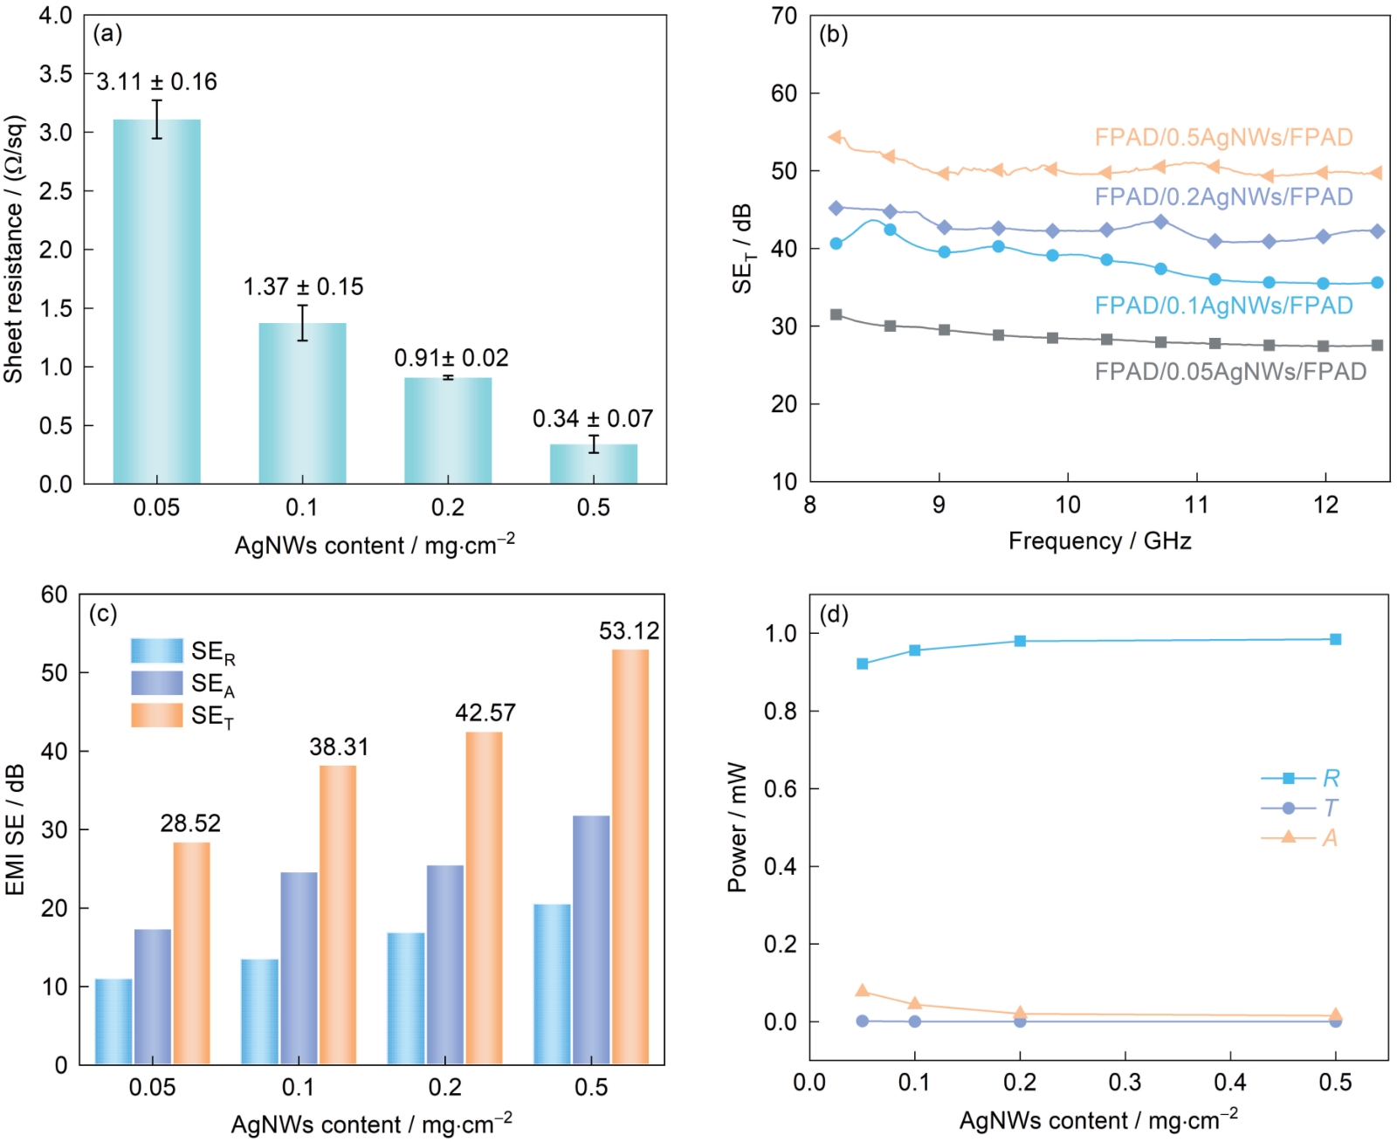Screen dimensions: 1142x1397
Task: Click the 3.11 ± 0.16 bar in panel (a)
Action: (x=156, y=301)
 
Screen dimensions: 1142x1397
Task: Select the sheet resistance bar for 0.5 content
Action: (x=593, y=464)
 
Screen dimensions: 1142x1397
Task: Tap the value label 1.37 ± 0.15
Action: (x=303, y=286)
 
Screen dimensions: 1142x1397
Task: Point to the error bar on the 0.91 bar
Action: (x=448, y=377)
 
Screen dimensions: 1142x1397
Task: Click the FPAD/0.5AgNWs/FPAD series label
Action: (x=1223, y=137)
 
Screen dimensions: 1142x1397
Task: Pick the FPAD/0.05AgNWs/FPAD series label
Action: (x=1230, y=372)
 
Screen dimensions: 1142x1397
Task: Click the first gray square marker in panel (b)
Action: (x=836, y=314)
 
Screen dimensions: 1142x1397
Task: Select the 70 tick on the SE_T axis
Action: (x=784, y=16)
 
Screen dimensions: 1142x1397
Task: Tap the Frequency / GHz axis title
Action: (x=1099, y=541)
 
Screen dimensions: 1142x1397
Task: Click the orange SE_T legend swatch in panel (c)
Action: (x=157, y=715)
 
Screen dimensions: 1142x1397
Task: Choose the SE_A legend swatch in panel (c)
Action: (x=157, y=683)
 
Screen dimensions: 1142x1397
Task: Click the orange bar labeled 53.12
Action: (x=630, y=856)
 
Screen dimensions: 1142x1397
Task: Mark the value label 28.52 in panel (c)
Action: (x=190, y=823)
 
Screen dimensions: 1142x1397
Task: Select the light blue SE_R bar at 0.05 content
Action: (x=114, y=1022)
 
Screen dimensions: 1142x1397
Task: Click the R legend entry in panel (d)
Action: (x=1300, y=778)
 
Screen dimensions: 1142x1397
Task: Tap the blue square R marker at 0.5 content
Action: (x=1335, y=639)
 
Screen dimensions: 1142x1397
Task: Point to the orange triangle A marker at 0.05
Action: (x=863, y=990)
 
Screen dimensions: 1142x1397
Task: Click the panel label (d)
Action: (x=834, y=615)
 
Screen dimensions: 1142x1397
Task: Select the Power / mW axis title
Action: (x=738, y=827)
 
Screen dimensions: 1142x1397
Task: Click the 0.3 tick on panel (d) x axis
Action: (x=1125, y=1083)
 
